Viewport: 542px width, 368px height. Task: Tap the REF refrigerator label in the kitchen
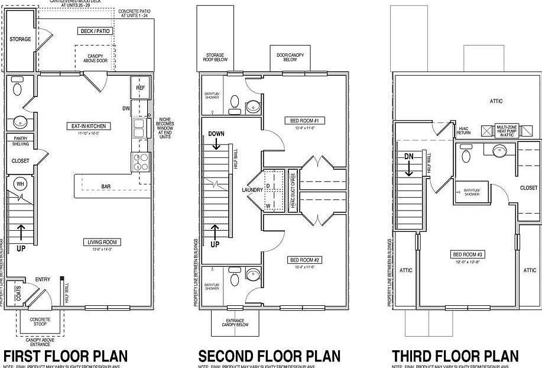pyautogui.click(x=140, y=88)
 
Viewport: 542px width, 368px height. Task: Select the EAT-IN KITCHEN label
pyautogui.click(x=89, y=126)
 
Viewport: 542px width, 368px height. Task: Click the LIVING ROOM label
pyautogui.click(x=103, y=242)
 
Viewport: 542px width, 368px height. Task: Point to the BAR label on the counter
pyautogui.click(x=106, y=187)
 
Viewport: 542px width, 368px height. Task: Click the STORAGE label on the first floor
pyautogui.click(x=20, y=39)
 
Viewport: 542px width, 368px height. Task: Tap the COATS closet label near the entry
pyautogui.click(x=18, y=294)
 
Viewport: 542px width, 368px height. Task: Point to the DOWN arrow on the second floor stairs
pyautogui.click(x=216, y=142)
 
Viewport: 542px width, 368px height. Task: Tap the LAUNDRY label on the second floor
pyautogui.click(x=251, y=190)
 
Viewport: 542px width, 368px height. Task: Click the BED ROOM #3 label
pyautogui.click(x=468, y=254)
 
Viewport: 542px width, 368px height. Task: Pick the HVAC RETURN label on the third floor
pyautogui.click(x=463, y=131)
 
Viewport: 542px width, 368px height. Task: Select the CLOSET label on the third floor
pyautogui.click(x=528, y=188)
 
